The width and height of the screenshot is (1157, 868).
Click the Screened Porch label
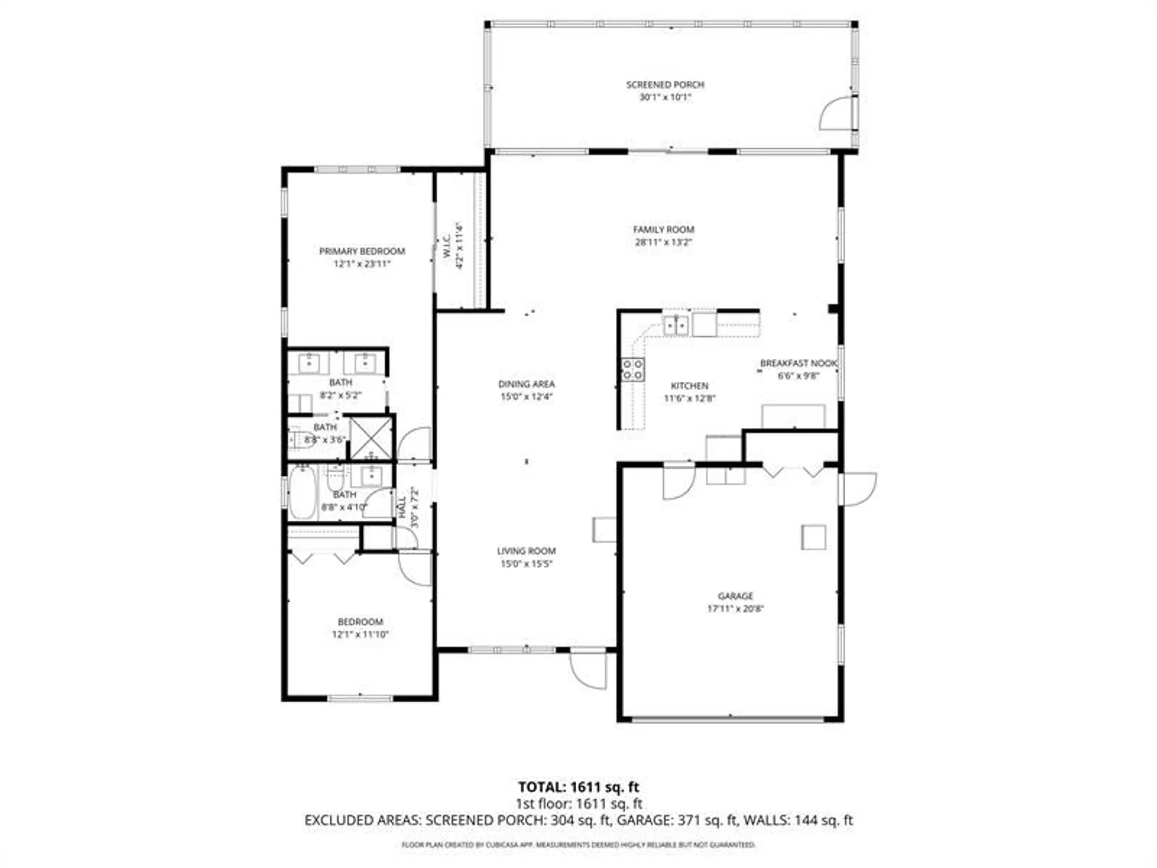click(x=665, y=84)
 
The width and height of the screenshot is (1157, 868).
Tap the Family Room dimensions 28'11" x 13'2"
click(x=664, y=242)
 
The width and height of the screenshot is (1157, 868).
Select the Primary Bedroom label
click(x=362, y=251)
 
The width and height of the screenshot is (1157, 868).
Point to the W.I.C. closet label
click(x=447, y=246)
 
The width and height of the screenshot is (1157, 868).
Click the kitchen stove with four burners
click(x=632, y=369)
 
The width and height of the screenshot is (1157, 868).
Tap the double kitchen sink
click(x=675, y=325)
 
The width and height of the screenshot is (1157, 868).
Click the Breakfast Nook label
click(x=798, y=363)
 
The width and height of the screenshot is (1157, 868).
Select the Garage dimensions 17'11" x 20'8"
click(x=735, y=608)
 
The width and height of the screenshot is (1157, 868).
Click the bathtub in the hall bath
click(x=303, y=493)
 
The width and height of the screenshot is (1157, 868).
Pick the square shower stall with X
click(x=371, y=437)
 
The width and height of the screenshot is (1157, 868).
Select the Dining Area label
click(x=526, y=384)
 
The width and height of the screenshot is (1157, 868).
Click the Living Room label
click(x=526, y=551)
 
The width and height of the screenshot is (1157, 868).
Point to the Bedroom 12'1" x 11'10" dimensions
click(x=360, y=634)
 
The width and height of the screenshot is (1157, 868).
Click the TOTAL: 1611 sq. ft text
click(x=578, y=787)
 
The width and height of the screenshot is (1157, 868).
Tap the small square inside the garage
click(x=813, y=537)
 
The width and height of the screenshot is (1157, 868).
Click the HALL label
click(x=402, y=507)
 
